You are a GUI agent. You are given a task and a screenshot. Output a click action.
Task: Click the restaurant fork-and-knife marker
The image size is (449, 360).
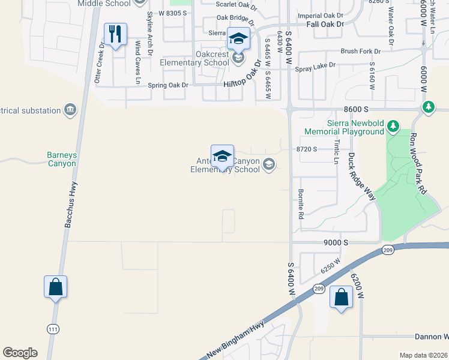click(115, 34)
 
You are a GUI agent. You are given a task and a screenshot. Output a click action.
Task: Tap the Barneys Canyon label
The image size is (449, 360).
click(62, 159)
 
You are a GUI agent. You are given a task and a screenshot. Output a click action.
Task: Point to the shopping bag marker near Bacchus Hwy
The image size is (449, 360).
click(55, 287)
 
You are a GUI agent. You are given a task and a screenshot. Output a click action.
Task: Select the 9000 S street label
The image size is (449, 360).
click(336, 242)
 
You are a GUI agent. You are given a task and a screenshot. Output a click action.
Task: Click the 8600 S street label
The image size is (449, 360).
click(356, 110)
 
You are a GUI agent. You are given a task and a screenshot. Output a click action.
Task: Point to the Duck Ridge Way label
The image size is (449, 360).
click(361, 176)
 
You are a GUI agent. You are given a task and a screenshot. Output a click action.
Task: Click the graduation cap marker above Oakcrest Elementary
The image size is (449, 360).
click(238, 39)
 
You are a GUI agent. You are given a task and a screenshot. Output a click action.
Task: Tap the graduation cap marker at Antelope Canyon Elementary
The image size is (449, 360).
click(222, 156)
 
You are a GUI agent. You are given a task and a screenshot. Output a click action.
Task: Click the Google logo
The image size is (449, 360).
click(20, 353)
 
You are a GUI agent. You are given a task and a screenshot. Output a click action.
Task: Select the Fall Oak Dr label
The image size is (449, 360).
click(325, 24)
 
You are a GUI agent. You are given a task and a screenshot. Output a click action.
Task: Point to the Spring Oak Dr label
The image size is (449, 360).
click(168, 85)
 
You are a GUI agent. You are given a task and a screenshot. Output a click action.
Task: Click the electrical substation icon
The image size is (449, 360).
click(71, 110)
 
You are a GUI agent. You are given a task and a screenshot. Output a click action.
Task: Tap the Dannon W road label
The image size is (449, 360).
click(430, 337)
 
